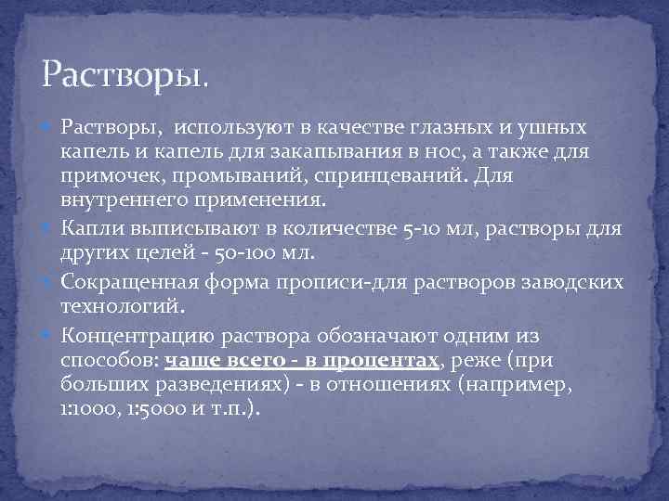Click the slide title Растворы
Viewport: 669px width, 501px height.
point(125,73)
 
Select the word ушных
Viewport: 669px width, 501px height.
point(552,126)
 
